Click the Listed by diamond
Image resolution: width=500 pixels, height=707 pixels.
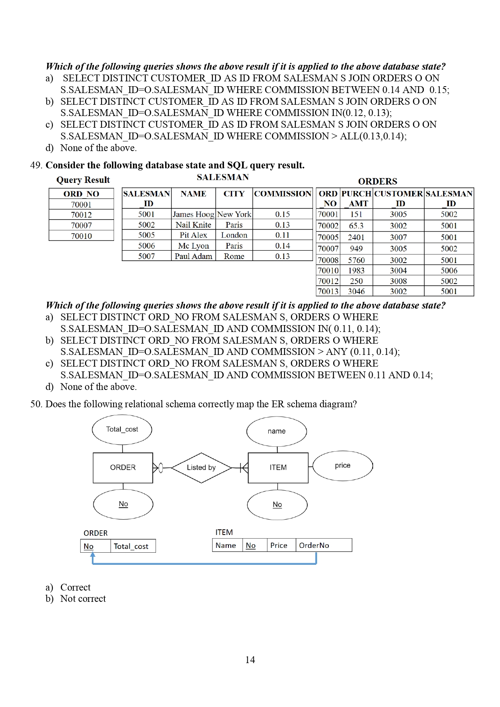201,467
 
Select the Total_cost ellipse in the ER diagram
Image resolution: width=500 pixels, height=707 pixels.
122,429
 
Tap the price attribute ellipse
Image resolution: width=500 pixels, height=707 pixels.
342,466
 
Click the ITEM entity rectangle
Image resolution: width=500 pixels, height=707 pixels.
278,467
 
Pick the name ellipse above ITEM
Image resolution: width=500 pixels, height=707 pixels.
276,431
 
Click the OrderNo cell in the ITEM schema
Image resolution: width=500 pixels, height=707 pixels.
324,545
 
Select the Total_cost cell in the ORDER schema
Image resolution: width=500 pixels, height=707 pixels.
133,546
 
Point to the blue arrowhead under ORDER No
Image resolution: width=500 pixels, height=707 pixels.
93,556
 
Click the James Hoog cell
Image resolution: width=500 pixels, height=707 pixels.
193,214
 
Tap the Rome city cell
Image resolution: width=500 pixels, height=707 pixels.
234,256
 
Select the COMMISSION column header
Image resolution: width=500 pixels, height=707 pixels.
282,194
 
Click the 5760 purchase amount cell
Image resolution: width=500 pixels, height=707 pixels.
356,260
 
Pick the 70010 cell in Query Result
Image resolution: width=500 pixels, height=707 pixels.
81,236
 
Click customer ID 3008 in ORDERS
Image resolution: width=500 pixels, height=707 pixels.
398,281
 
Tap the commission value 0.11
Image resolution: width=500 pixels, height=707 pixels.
282,235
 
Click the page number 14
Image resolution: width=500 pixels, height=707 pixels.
250,659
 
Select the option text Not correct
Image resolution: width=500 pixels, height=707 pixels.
83,599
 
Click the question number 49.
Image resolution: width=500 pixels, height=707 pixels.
35,166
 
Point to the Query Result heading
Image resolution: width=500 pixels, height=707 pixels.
83,180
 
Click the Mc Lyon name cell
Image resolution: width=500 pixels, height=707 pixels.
193,246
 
